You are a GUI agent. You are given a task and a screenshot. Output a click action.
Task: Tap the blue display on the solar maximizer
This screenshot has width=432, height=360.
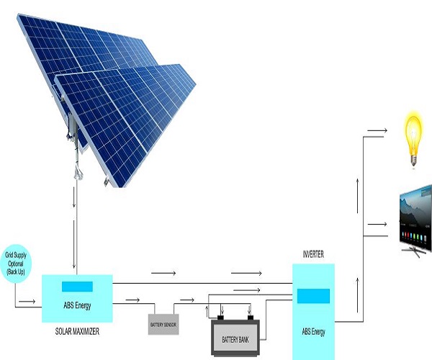(x=77, y=287)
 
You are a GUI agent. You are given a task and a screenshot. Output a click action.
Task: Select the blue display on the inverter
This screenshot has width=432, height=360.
(x=313, y=296)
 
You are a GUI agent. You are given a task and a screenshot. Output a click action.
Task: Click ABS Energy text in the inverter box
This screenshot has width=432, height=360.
(x=313, y=332)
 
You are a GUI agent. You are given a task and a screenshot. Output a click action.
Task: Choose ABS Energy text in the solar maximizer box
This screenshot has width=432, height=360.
(x=78, y=304)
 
